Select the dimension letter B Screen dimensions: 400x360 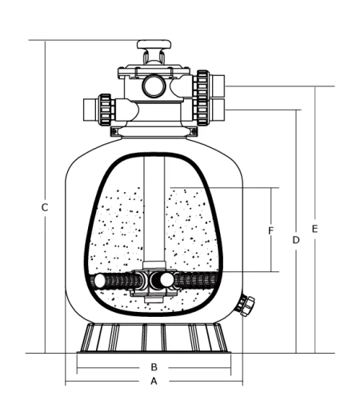(154, 367)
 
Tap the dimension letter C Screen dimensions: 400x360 (45, 208)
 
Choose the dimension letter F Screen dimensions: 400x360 (271, 231)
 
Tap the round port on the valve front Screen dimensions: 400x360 (154, 86)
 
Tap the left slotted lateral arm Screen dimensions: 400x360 (120, 281)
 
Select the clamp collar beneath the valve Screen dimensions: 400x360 (154, 130)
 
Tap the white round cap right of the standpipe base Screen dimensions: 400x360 (166, 280)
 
